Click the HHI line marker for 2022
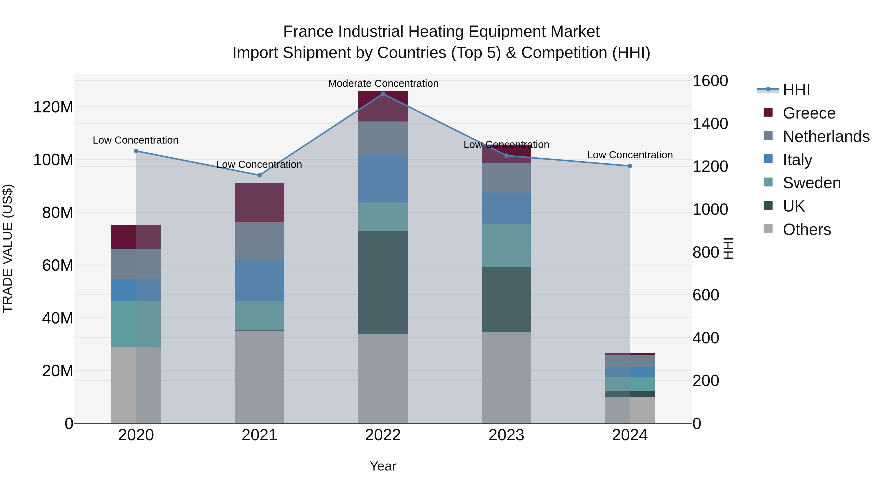tap(383, 94)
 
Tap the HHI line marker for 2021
tap(260, 175)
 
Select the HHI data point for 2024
tap(630, 166)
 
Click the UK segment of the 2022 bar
tap(383, 282)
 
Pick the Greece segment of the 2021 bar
tap(260, 203)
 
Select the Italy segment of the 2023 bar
tap(506, 208)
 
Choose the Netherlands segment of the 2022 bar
tap(383, 138)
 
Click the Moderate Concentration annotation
tap(383, 83)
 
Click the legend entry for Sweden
tap(812, 183)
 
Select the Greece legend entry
tap(809, 113)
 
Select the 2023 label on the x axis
tap(506, 435)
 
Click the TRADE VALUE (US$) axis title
tap(8, 248)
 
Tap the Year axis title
tap(383, 466)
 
